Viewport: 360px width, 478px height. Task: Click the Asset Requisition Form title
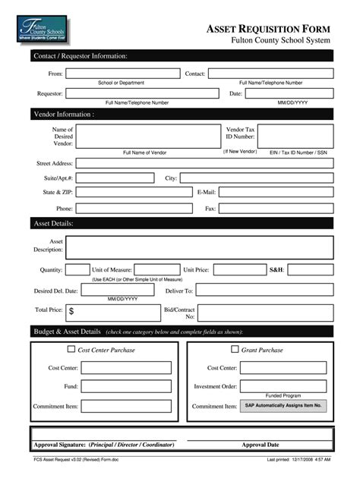pos(268,28)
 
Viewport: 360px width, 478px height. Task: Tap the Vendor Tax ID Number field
pos(295,136)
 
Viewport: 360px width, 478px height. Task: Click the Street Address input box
pos(204,163)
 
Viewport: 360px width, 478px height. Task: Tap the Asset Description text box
pos(200,247)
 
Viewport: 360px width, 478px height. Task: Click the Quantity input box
pos(77,269)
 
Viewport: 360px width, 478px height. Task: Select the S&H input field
pos(310,269)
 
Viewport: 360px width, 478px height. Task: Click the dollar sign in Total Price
pos(71,311)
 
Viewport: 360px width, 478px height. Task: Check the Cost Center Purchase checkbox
pos(72,350)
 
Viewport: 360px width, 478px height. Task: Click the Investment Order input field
pos(283,386)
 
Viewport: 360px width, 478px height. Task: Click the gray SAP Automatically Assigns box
pos(283,406)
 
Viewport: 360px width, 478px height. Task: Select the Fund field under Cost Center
pos(126,386)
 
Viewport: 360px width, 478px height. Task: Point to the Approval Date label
pos(261,445)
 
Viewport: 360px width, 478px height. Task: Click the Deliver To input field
pos(264,291)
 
